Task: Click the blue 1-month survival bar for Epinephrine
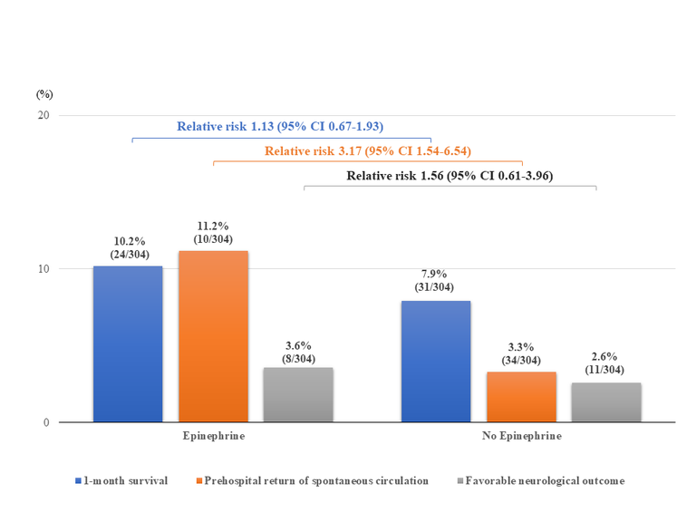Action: click(127, 343)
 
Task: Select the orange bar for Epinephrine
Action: click(213, 336)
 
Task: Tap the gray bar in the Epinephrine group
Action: click(298, 394)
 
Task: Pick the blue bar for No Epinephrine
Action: click(436, 361)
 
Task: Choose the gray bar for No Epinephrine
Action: click(606, 401)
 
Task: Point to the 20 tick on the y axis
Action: click(42, 115)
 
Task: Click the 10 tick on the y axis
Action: click(42, 269)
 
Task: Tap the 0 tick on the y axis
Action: click(45, 422)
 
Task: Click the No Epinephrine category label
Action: click(521, 437)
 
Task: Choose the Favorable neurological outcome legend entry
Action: click(538, 480)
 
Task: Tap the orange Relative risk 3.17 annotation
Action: click(367, 150)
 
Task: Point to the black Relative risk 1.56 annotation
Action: click(449, 175)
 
